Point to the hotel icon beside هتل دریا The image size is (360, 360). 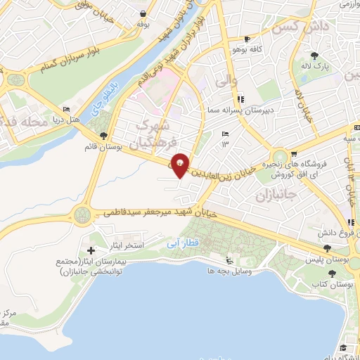coord(67,110)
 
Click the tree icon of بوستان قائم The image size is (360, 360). coord(103,136)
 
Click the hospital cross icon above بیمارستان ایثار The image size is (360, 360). coord(90,250)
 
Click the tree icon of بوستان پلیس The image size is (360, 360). coord(326,248)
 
